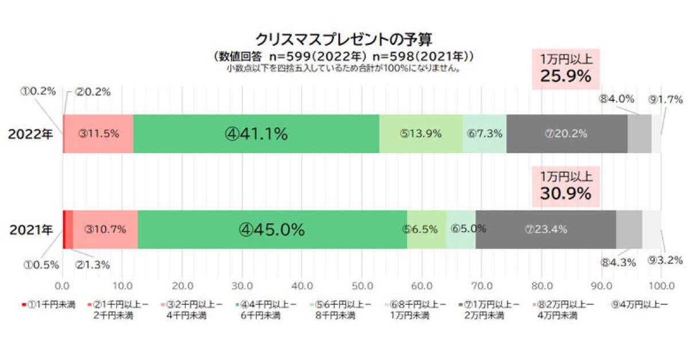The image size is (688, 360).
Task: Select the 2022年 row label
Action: pyautogui.click(x=30, y=134)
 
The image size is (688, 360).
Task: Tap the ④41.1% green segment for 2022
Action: pyautogui.click(x=256, y=134)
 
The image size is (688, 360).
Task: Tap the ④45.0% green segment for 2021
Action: pyautogui.click(x=272, y=230)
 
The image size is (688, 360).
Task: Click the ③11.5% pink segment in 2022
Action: pyautogui.click(x=99, y=134)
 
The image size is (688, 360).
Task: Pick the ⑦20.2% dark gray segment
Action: pyautogui.click(x=566, y=134)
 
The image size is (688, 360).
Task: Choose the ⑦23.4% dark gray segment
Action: pyautogui.click(x=545, y=230)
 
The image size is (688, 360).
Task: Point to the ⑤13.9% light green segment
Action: pyautogui.click(x=421, y=134)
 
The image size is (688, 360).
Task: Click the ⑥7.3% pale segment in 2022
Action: pyautogui.click(x=484, y=134)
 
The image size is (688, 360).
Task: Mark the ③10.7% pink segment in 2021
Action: pyautogui.click(x=105, y=230)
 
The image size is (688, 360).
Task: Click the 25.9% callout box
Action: pyautogui.click(x=565, y=69)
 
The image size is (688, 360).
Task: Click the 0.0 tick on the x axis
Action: pyautogui.click(x=62, y=286)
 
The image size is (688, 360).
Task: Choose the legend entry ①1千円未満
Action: pyautogui.click(x=49, y=305)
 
